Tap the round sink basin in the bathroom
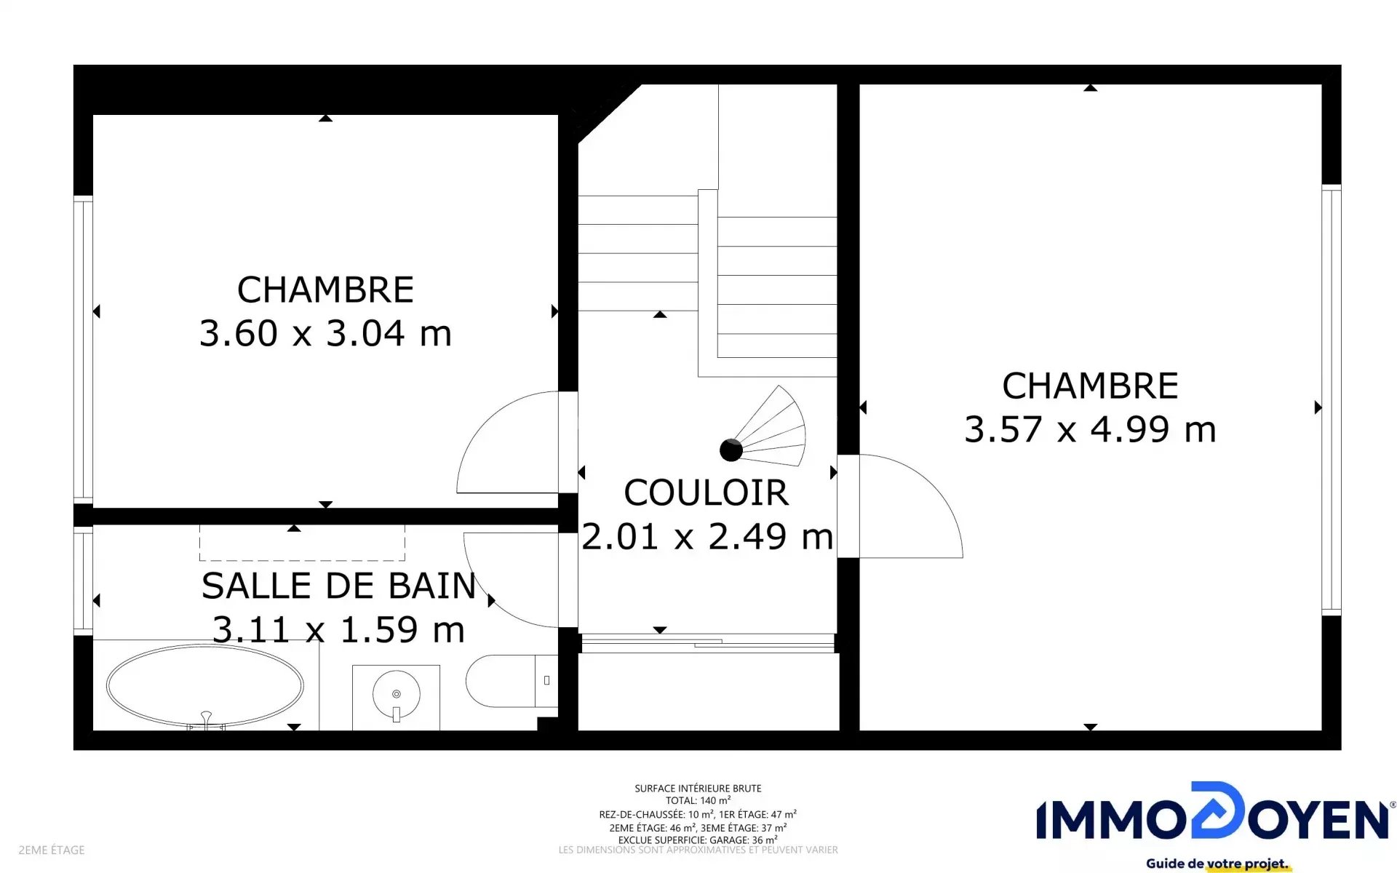click(x=396, y=694)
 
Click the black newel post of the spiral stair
click(x=731, y=450)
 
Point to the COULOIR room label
click(x=706, y=493)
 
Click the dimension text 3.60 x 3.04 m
click(x=325, y=333)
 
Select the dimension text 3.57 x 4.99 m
click(x=1090, y=429)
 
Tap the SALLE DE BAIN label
click(x=338, y=586)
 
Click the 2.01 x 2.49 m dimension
click(x=707, y=537)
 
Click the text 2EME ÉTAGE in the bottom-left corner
click(x=52, y=850)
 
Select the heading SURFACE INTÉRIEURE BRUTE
click(x=698, y=788)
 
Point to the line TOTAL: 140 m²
click(x=698, y=800)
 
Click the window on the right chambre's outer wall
click(x=1331, y=399)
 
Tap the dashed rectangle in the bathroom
click(x=302, y=543)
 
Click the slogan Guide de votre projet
click(x=1217, y=864)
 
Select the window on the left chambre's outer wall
click(x=83, y=349)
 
